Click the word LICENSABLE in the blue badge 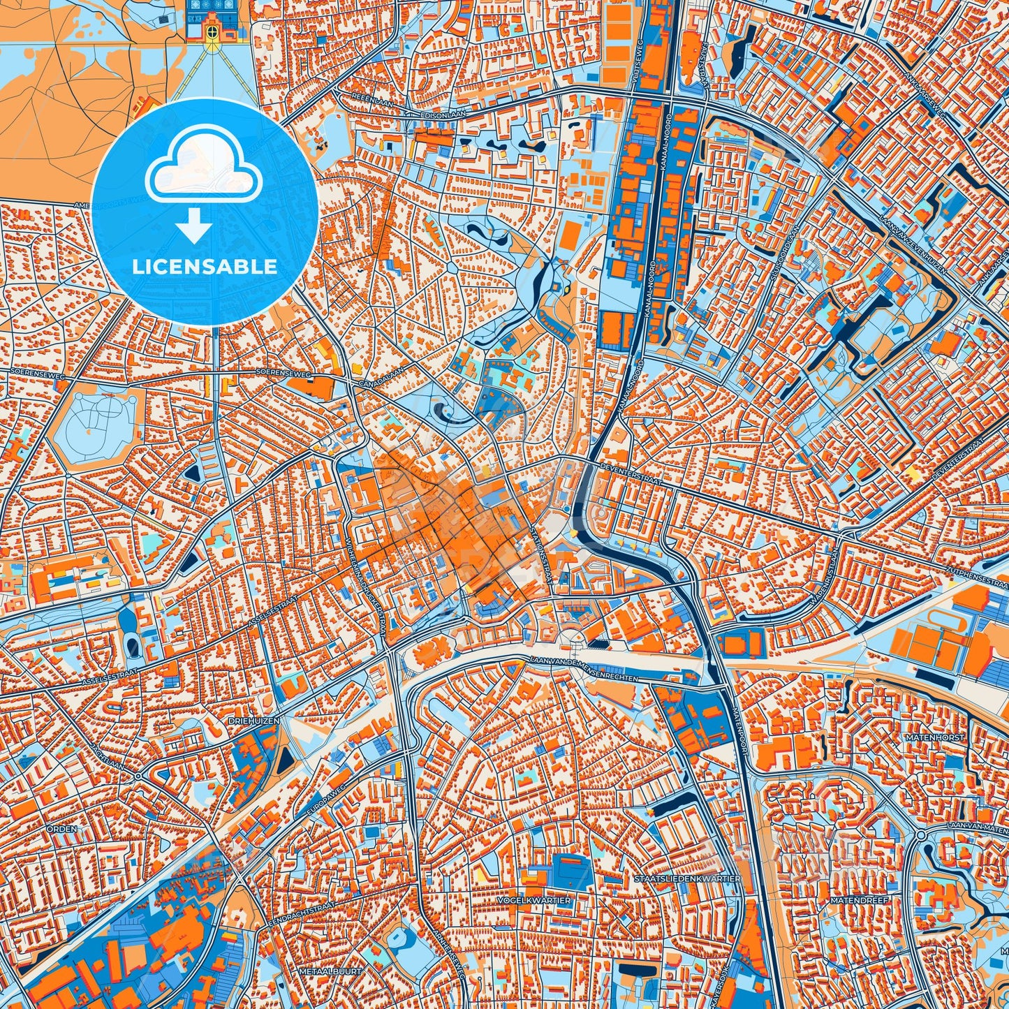[205, 266]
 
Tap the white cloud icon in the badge [203, 170]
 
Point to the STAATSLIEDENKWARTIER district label [688, 878]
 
